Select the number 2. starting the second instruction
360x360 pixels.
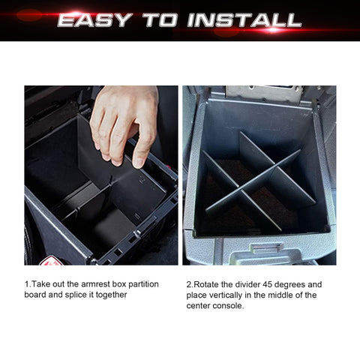pos(189,285)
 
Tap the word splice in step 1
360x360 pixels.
pos(84,295)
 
